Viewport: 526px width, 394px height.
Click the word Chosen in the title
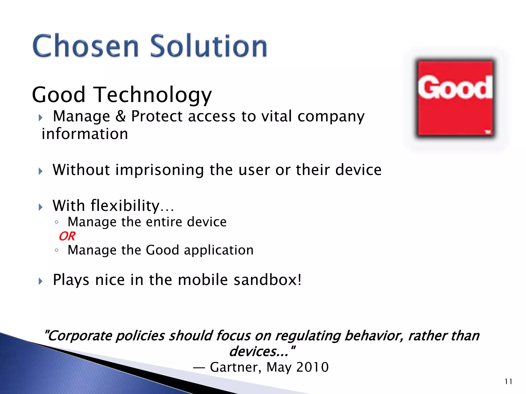click(86, 46)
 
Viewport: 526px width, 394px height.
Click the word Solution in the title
click(209, 46)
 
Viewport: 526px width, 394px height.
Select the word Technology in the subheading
click(154, 95)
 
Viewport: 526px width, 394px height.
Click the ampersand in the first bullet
click(120, 116)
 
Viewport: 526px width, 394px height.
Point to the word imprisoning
click(159, 170)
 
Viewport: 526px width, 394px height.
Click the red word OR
click(67, 236)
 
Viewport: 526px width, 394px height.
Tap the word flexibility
click(125, 206)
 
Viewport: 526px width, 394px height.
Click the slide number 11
click(508, 381)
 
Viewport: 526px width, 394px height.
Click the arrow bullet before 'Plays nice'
click(40, 281)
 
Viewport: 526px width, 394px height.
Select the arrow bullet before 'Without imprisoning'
click(40, 171)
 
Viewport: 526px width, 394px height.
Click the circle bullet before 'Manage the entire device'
click(57, 222)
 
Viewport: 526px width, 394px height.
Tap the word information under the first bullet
click(85, 134)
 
